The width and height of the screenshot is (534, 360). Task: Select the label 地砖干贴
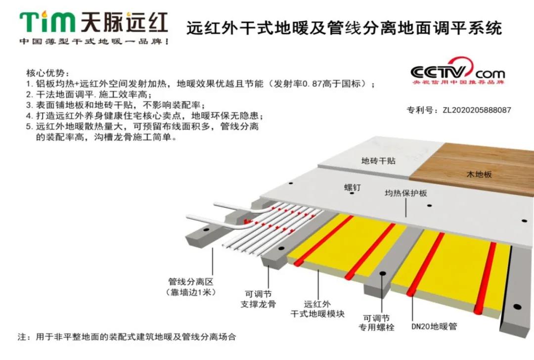378,161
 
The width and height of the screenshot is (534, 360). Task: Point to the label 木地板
479,174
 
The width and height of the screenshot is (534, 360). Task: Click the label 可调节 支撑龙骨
261,299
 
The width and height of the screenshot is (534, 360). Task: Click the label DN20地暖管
434,326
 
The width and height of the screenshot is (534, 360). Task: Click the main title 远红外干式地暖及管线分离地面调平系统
344,27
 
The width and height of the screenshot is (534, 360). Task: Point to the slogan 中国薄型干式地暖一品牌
94,42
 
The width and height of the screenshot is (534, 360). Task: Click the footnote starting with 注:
127,337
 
